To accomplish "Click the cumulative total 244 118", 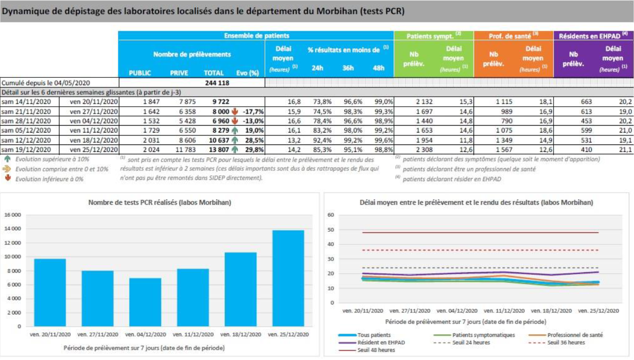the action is tap(217, 83).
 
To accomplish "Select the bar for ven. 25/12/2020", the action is tap(288, 278).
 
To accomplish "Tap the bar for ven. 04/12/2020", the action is tap(145, 302).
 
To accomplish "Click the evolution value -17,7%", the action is tap(253, 111).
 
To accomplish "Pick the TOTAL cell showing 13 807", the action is tap(219, 150).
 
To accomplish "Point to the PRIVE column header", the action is tap(179, 73).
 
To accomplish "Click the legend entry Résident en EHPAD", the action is tap(372, 342).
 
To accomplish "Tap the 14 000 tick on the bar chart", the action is tap(12, 229).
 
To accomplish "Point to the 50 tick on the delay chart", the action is tap(331, 230).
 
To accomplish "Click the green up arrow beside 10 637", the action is tap(235, 140).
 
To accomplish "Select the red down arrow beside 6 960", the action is tap(235, 121).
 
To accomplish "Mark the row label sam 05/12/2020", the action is tap(26, 130).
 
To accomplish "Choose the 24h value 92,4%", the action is tap(323, 140).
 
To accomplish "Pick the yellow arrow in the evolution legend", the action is tap(7, 169).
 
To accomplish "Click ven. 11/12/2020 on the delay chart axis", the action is tap(504, 311).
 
